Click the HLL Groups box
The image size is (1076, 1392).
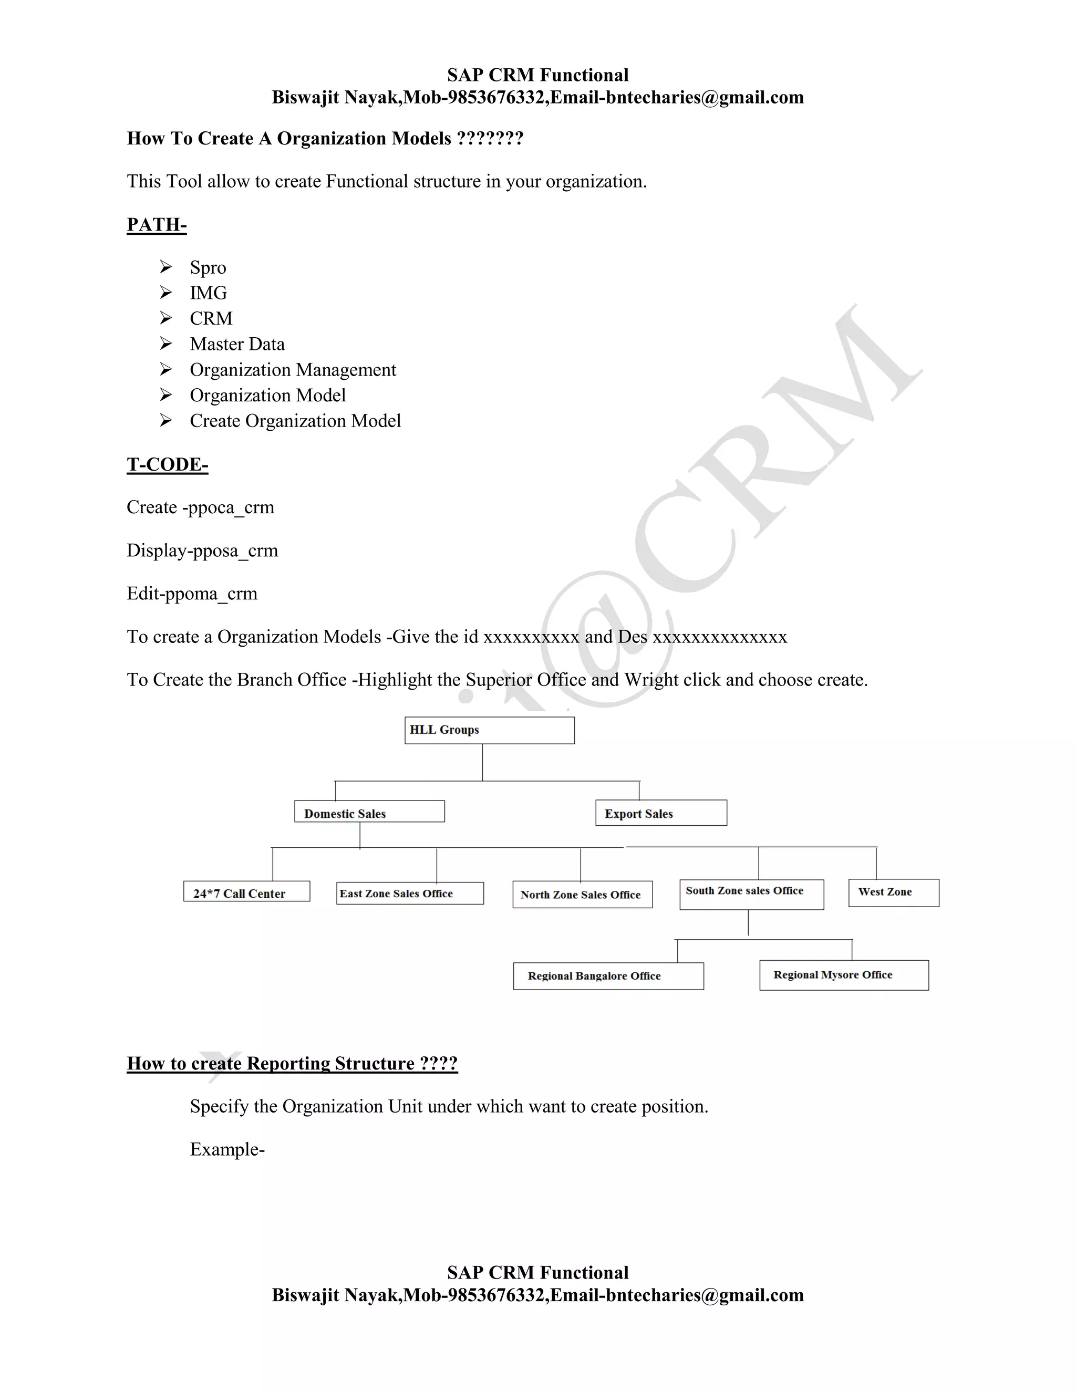tap(489, 731)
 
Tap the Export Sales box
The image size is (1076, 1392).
tap(660, 813)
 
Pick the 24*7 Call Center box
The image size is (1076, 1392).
tap(247, 892)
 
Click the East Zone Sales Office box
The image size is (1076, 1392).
tap(410, 893)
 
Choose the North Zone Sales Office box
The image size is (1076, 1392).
tap(582, 894)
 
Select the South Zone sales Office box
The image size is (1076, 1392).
tap(751, 894)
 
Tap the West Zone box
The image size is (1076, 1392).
tap(893, 892)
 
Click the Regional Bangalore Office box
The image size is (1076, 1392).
tap(607, 976)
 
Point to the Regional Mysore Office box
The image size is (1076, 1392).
tap(843, 975)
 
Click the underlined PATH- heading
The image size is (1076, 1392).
tap(157, 225)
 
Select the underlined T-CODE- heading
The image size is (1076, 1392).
tap(167, 465)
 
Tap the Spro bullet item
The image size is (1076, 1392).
tap(208, 268)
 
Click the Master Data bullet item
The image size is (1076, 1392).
tap(237, 344)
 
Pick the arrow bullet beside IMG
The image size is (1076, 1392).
tap(165, 293)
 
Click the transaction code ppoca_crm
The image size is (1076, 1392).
tap(230, 508)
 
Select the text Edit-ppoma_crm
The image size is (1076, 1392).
tap(192, 594)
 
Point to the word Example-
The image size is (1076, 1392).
tap(227, 1150)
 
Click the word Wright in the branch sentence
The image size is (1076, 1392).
tap(651, 680)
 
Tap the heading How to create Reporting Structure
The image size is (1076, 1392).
tap(292, 1064)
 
